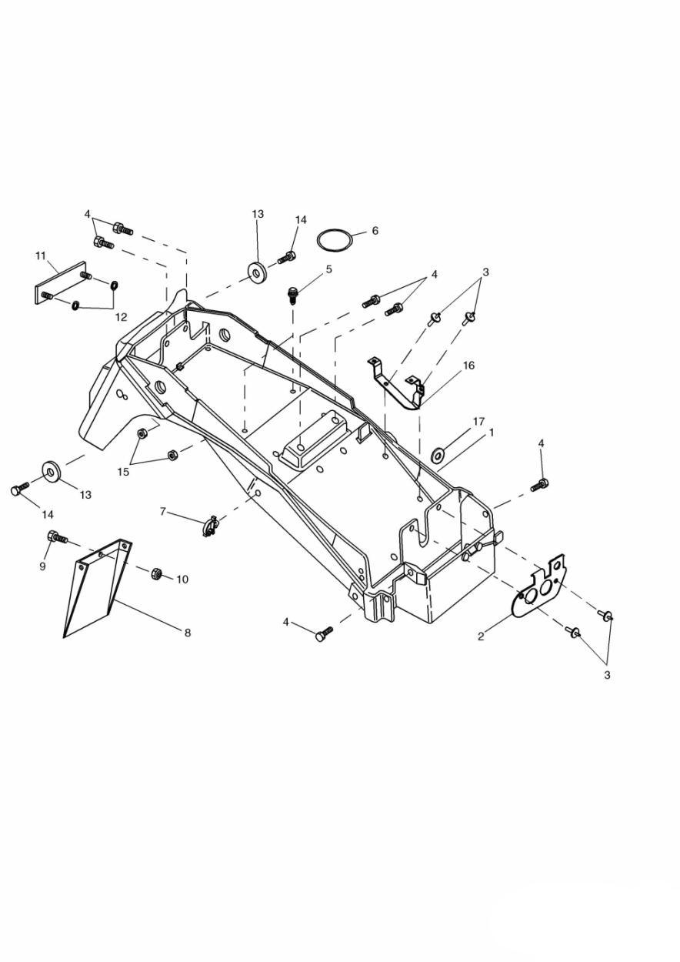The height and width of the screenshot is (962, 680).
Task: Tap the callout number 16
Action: pyautogui.click(x=468, y=366)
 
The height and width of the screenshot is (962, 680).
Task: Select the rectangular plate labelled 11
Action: pyautogui.click(x=61, y=283)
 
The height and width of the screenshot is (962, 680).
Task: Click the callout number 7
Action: pyautogui.click(x=163, y=512)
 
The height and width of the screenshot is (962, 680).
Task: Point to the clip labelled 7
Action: pyautogui.click(x=210, y=526)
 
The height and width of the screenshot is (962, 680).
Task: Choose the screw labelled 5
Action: pyautogui.click(x=293, y=296)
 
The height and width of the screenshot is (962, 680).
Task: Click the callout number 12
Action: pyautogui.click(x=121, y=317)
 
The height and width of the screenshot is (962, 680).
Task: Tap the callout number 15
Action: pyautogui.click(x=123, y=472)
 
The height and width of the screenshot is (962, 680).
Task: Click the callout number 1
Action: pyautogui.click(x=492, y=433)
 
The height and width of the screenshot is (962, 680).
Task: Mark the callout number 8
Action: pyautogui.click(x=187, y=633)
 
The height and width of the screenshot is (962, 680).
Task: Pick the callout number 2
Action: pyautogui.click(x=480, y=636)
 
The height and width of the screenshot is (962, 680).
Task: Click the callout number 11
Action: pyautogui.click(x=40, y=256)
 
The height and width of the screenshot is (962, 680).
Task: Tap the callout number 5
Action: pyautogui.click(x=328, y=269)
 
